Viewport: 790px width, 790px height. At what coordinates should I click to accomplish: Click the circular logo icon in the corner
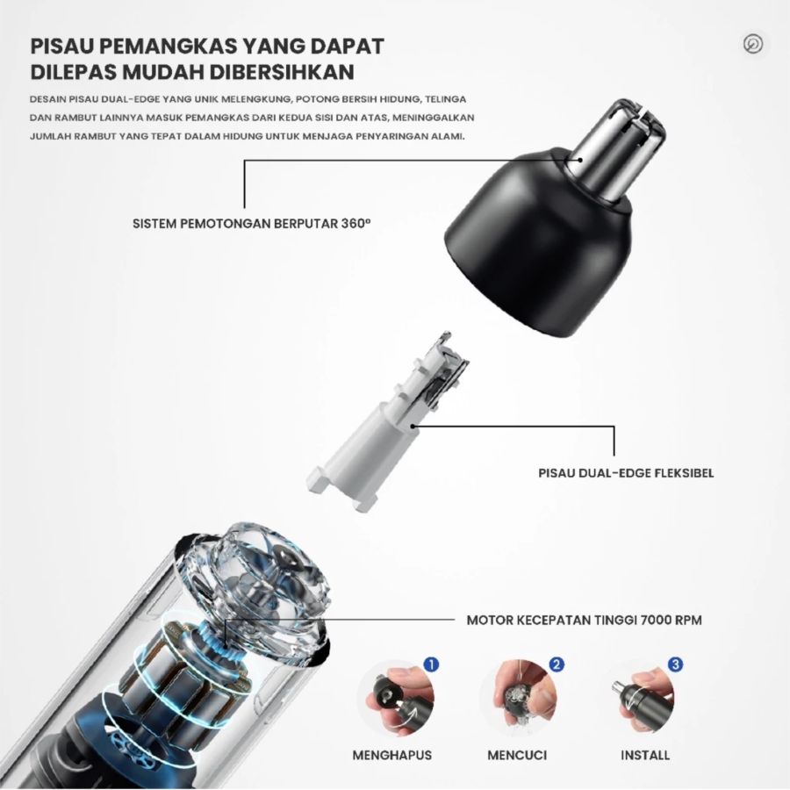coord(752,45)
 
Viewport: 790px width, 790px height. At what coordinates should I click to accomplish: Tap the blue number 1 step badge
coord(430,664)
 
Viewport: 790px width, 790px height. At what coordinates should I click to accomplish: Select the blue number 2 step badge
coord(556,664)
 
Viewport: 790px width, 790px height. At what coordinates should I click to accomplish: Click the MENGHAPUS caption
coord(391,755)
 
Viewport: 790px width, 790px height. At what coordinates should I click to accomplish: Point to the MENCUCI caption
coord(519,755)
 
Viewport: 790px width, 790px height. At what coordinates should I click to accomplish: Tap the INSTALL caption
coord(645,755)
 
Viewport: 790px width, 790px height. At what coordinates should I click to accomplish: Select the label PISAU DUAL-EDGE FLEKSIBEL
coord(626,473)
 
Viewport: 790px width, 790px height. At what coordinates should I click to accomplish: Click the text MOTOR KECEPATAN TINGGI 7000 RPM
coord(584,620)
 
